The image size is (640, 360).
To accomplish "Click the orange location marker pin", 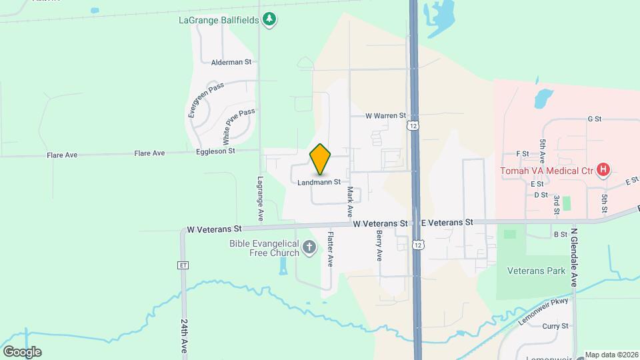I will pyautogui.click(x=320, y=159).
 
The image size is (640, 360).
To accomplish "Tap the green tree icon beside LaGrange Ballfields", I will pyautogui.click(x=269, y=19).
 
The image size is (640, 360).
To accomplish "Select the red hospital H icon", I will pyautogui.click(x=603, y=170).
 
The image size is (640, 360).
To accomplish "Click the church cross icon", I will pyautogui.click(x=309, y=248).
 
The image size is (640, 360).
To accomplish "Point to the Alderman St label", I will pyautogui.click(x=231, y=62).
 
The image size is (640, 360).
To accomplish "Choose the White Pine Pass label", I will pyautogui.click(x=238, y=127).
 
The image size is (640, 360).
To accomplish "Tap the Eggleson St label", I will pyautogui.click(x=216, y=151).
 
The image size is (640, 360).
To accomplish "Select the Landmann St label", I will pyautogui.click(x=319, y=181).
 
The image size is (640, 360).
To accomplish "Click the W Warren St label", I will pyautogui.click(x=385, y=115).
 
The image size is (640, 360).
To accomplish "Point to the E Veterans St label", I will pyautogui.click(x=446, y=222).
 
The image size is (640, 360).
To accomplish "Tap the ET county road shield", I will pyautogui.click(x=183, y=265).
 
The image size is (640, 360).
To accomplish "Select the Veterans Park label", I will pyautogui.click(x=536, y=271).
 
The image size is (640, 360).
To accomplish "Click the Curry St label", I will pyautogui.click(x=555, y=326).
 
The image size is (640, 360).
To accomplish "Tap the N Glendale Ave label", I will pyautogui.click(x=573, y=258).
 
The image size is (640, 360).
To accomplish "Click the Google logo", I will pyautogui.click(x=21, y=351).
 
